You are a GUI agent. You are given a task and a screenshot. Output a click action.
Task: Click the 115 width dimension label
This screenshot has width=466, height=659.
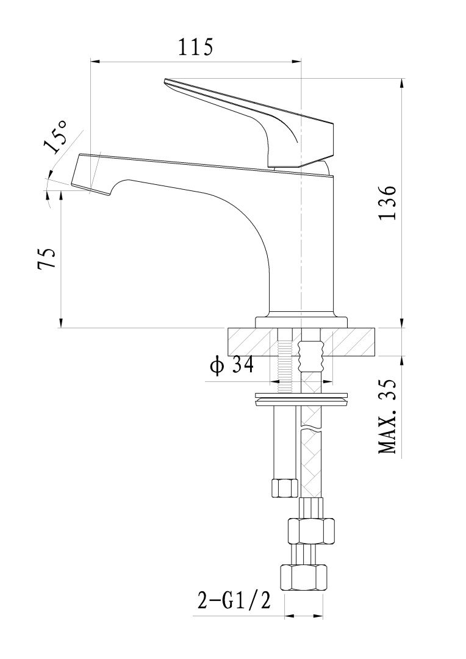[x=195, y=47]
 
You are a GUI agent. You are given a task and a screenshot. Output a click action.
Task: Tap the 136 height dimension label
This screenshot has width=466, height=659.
[x=389, y=203]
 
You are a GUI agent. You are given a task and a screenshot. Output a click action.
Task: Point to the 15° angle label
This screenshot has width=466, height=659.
[x=56, y=137]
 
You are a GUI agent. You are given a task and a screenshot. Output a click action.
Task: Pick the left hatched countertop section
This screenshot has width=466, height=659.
[x=251, y=342]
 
